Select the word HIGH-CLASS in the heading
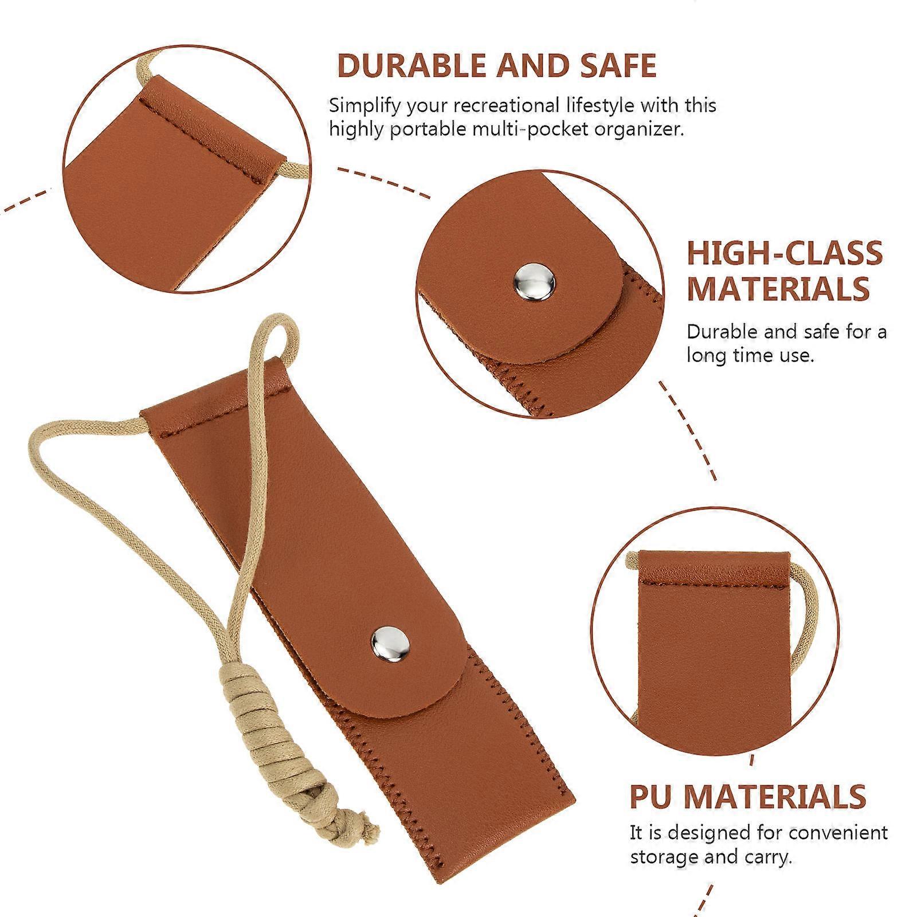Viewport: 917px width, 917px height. click(785, 253)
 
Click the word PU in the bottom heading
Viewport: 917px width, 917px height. click(652, 796)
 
